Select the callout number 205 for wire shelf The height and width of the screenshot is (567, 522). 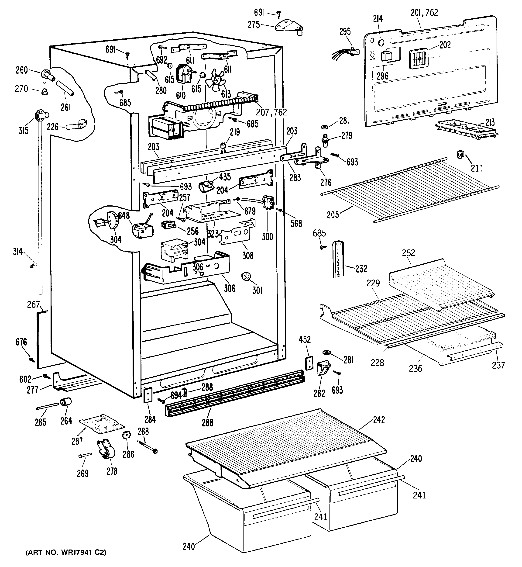333,214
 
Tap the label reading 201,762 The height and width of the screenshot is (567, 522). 424,13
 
